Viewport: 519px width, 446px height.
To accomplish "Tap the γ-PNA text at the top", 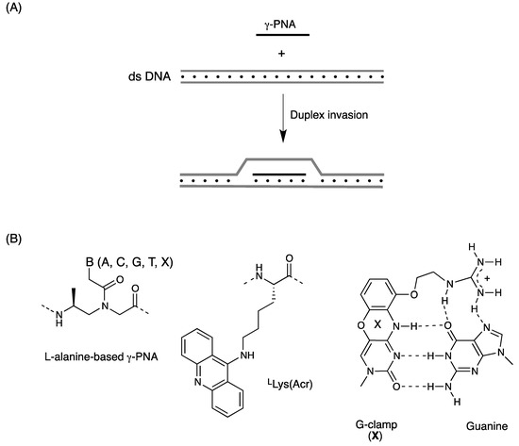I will [280, 19].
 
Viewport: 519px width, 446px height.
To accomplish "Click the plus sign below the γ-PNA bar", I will [280, 54].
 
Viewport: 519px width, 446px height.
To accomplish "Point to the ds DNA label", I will [148, 74].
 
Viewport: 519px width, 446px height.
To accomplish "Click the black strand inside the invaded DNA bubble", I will [279, 174].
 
